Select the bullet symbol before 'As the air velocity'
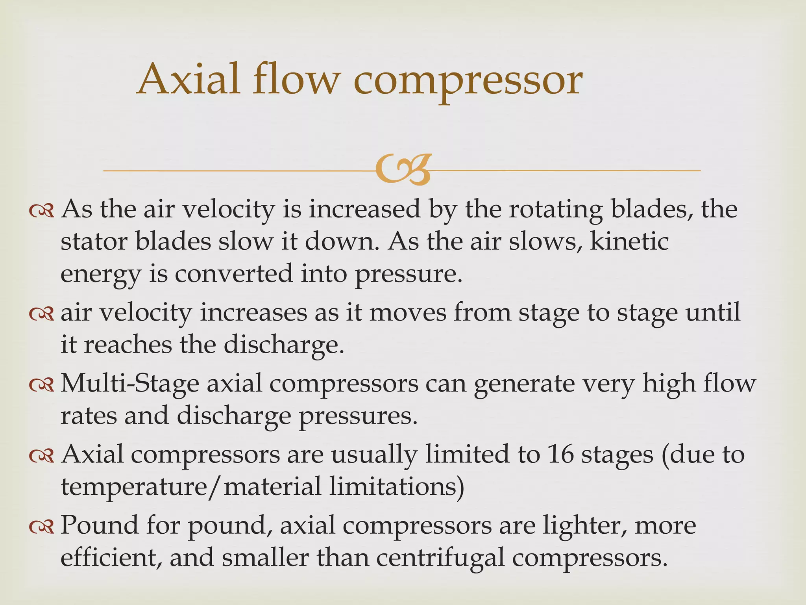(x=42, y=212)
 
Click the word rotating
(x=555, y=210)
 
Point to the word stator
(x=94, y=241)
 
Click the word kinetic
(x=629, y=241)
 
